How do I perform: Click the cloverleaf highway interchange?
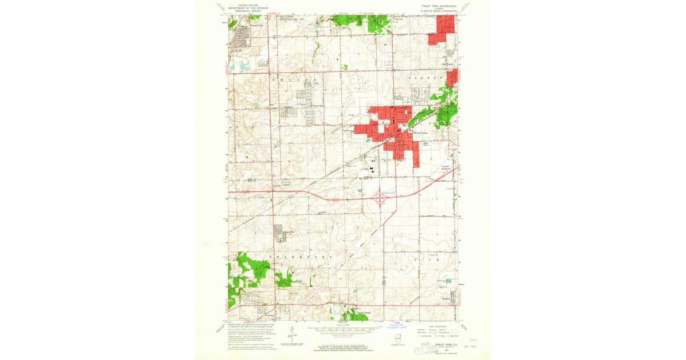point(381,198)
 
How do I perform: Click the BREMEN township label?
point(425,77)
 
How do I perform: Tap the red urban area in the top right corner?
point(444,29)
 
